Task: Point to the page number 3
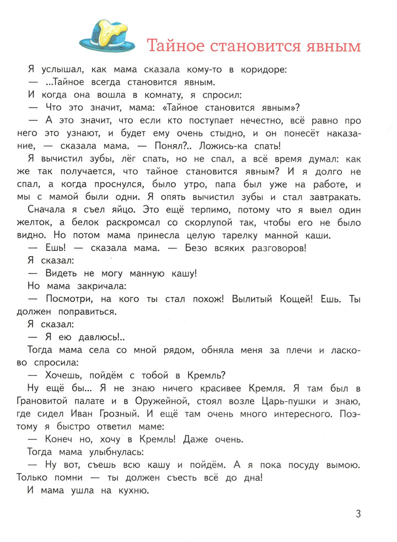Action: tap(358, 514)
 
